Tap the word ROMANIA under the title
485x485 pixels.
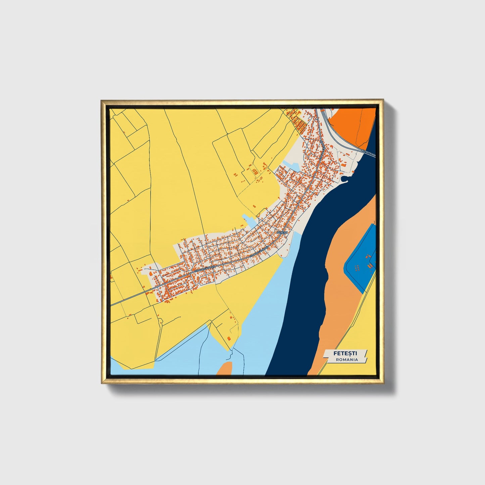pyautogui.click(x=347, y=359)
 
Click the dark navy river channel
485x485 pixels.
pyautogui.click(x=302, y=285)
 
